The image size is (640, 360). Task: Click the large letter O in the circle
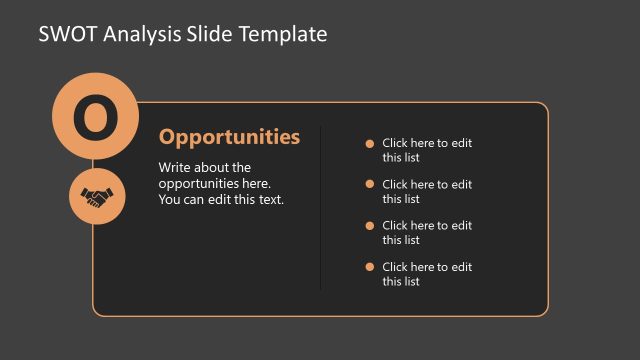click(94, 118)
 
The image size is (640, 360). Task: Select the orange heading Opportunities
click(229, 137)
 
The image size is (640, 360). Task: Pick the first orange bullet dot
click(370, 143)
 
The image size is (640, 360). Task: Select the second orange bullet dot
click(370, 184)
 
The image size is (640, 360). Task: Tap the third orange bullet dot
click(370, 225)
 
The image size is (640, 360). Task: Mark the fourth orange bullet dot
click(370, 266)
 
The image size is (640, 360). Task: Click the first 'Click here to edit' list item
click(427, 150)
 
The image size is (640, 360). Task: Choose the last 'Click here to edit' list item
click(427, 274)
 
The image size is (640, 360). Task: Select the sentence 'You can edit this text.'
click(221, 199)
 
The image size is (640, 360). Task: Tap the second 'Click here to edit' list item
click(427, 191)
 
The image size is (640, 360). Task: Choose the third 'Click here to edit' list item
click(427, 232)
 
